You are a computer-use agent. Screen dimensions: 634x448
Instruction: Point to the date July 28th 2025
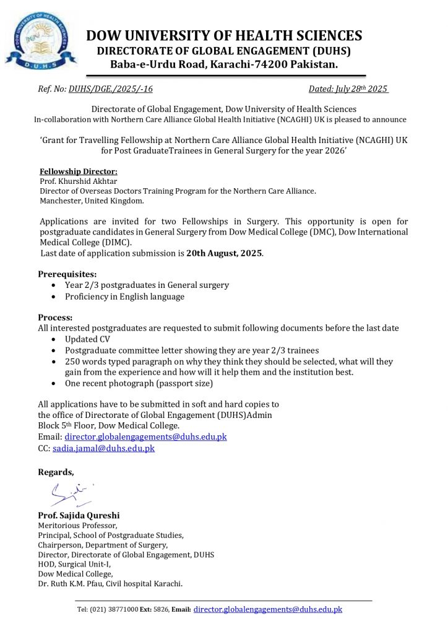[348, 89]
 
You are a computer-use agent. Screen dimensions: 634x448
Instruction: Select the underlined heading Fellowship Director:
[79, 172]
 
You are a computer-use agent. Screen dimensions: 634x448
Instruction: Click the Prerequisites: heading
[67, 274]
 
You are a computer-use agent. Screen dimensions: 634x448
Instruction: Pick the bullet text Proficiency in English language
[124, 297]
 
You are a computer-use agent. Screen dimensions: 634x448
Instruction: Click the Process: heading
[55, 317]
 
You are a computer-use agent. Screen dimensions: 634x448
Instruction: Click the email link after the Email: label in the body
[145, 436]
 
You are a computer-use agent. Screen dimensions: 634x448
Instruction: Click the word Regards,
[56, 472]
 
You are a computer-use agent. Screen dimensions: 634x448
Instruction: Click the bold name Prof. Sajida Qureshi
[79, 515]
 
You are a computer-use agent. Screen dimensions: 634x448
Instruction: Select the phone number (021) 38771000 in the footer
[116, 610]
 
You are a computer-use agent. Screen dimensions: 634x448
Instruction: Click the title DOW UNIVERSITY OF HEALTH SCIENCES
[224, 35]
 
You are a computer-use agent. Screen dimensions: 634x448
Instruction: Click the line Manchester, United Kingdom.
[92, 201]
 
